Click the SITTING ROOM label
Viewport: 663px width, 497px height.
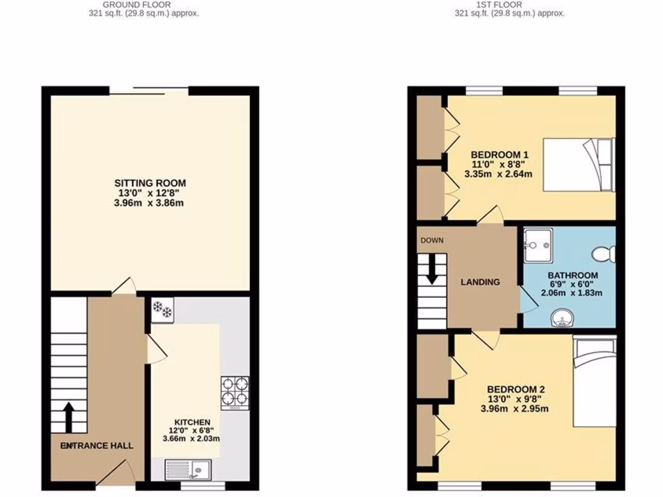coord(150,183)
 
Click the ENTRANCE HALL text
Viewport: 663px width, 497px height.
coord(96,446)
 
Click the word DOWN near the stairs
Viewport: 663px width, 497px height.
coord(432,241)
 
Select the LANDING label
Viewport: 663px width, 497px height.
coord(480,282)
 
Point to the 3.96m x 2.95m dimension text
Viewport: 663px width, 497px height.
coord(515,408)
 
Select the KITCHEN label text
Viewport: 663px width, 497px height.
coord(192,423)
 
